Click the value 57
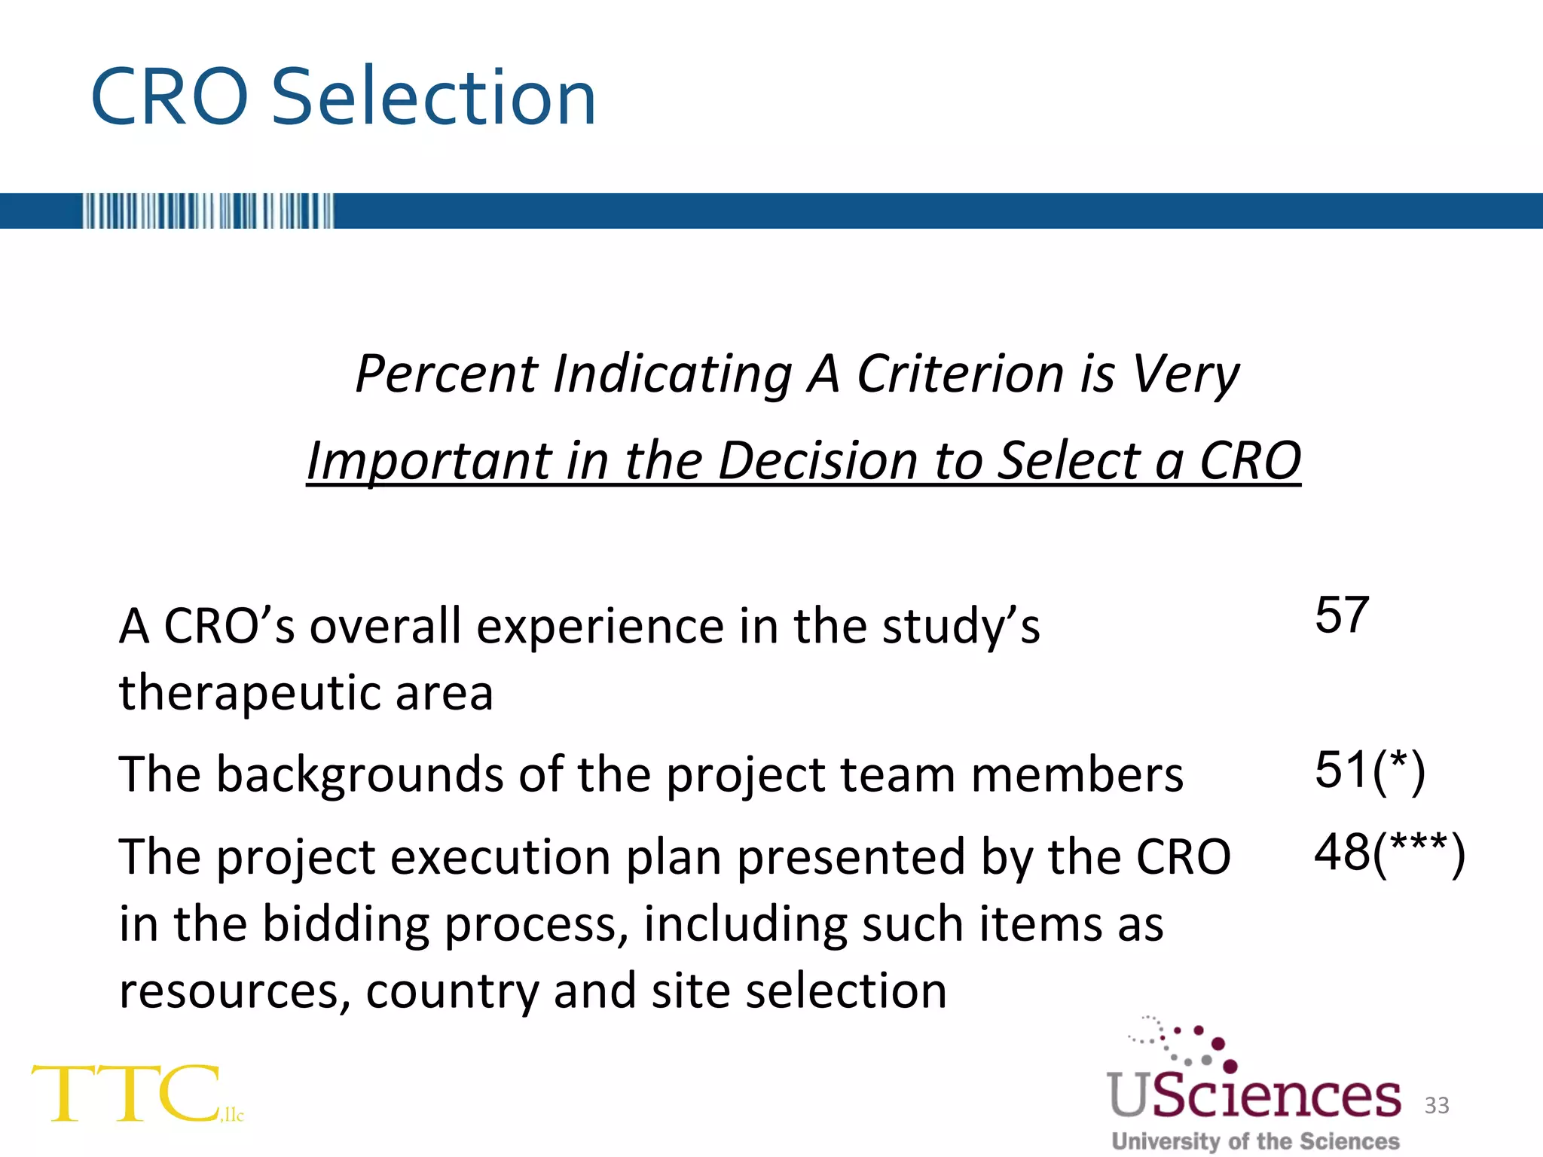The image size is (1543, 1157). point(1342,615)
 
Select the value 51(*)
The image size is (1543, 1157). point(1370,771)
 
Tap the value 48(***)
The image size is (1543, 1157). point(1389,853)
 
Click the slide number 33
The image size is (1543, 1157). point(1437,1105)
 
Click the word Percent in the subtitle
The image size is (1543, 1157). point(447,374)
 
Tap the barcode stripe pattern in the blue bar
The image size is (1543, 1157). point(208,211)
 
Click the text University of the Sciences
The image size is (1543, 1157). point(1255,1141)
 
